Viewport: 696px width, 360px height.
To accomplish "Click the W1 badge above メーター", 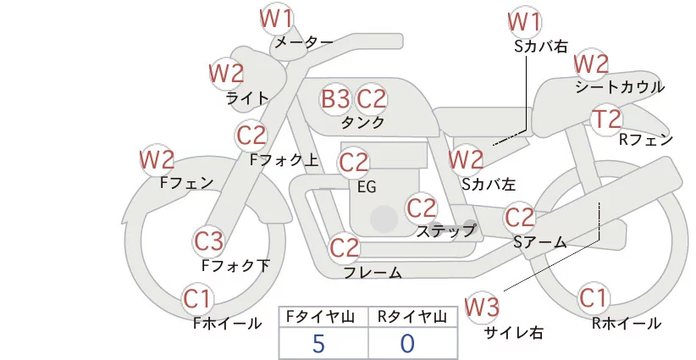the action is pos(276,18).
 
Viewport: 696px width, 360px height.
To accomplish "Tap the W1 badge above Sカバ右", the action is pos(525,22).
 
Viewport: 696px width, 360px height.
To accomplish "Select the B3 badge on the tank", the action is pos(335,98).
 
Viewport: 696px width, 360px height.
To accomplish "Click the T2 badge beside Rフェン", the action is pos(607,119).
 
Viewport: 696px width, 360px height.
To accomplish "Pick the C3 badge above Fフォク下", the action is pos(208,241).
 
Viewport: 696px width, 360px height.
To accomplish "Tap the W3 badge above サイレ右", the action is pos(482,307).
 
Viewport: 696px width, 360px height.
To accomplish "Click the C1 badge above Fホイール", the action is pos(196,299).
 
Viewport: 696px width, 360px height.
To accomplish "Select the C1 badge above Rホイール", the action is pos(593,298).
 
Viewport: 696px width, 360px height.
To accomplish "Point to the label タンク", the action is pos(362,122).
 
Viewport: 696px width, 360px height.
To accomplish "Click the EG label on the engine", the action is pos(367,187).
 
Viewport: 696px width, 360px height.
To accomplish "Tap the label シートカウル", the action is pos(620,87).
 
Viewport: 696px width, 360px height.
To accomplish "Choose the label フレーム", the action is pos(373,273).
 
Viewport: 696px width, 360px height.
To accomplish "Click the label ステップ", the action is pos(445,231).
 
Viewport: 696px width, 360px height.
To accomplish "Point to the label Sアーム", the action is pos(540,242).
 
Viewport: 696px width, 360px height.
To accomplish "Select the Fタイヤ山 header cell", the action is pos(323,317).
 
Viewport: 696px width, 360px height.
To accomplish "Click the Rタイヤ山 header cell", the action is pos(413,317).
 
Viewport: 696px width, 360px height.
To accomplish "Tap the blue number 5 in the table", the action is pos(318,344).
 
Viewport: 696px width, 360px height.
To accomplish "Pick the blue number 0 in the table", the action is pos(407,344).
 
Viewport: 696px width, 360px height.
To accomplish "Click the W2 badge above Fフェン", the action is pos(157,160).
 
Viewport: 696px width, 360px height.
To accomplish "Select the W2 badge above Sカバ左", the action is pos(466,159).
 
